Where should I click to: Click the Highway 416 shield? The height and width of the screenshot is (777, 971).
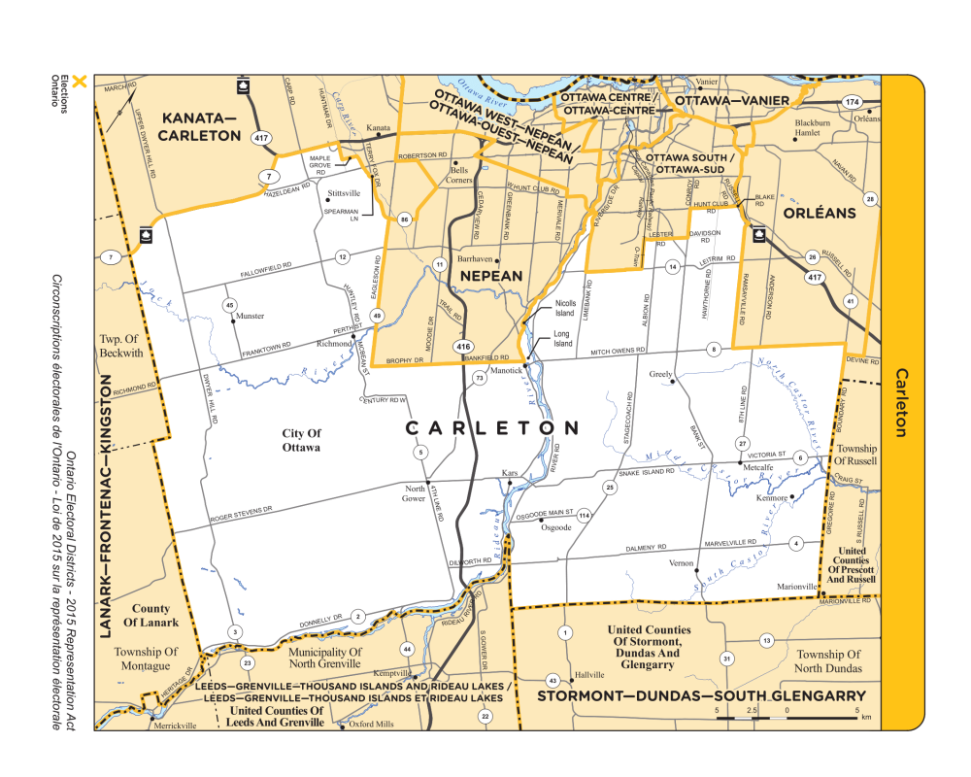point(463,345)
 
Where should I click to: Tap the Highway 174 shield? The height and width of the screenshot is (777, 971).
point(852,102)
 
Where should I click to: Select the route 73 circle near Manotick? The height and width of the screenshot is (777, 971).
point(480,379)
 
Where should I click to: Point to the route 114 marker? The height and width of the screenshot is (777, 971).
point(584,516)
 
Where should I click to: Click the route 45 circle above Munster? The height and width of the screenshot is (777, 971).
point(229,305)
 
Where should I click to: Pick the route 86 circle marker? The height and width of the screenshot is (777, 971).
point(404,220)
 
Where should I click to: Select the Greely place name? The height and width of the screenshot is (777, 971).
point(661,373)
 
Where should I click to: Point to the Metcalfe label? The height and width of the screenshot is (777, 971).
point(757,466)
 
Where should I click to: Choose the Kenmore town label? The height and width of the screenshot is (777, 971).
point(771,498)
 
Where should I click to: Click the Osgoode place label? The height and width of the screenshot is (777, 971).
point(555,528)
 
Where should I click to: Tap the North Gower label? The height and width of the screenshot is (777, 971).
point(415,492)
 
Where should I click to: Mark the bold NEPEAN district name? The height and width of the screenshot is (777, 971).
point(491,276)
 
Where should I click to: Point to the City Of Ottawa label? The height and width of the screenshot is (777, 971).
point(302,440)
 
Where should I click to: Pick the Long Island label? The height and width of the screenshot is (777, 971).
point(562,339)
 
